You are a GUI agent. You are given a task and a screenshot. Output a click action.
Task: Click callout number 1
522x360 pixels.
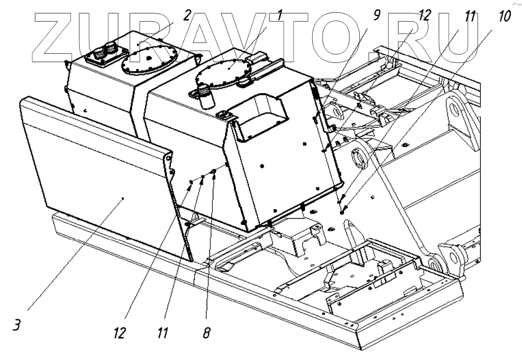(x=280, y=16)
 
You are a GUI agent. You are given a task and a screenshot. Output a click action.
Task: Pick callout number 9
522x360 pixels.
(x=377, y=16)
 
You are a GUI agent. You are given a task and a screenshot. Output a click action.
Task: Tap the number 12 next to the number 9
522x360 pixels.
(x=425, y=16)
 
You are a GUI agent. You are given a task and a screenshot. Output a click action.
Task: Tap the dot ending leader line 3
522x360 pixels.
(x=123, y=199)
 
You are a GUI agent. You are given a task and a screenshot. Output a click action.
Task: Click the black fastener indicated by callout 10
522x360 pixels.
(x=343, y=213)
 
